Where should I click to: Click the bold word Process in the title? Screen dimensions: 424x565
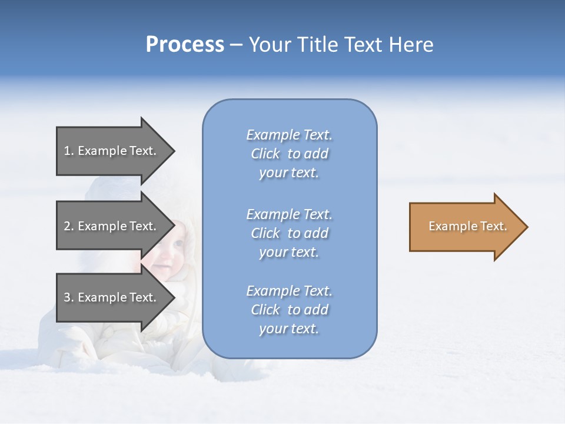(x=185, y=45)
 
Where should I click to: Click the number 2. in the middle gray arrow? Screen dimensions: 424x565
(x=69, y=226)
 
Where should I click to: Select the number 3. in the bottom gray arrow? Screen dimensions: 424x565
(x=69, y=297)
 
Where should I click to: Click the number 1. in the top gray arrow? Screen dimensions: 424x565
(x=68, y=151)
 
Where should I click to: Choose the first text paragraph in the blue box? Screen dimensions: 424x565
(x=289, y=154)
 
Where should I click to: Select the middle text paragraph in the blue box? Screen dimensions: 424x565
(x=289, y=233)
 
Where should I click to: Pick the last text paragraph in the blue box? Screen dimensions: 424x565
(x=289, y=310)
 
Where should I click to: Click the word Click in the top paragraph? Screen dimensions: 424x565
(x=265, y=154)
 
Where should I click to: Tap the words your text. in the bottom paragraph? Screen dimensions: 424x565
(x=289, y=329)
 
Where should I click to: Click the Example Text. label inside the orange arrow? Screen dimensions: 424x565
(x=467, y=226)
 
